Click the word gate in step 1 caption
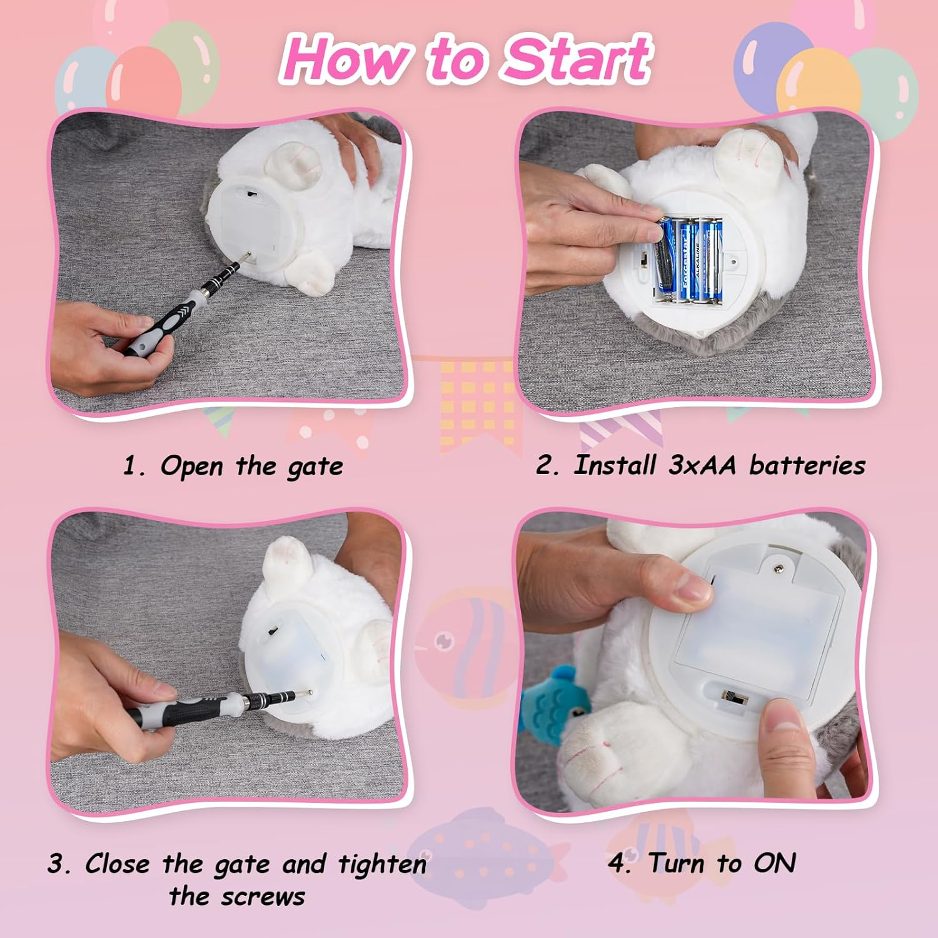coord(315,467)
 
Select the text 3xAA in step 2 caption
coord(702,465)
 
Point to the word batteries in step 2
coord(807,465)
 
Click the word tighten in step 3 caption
coord(382,864)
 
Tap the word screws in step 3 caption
coord(263,897)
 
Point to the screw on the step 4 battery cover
coord(779,568)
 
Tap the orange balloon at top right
coord(819,82)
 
